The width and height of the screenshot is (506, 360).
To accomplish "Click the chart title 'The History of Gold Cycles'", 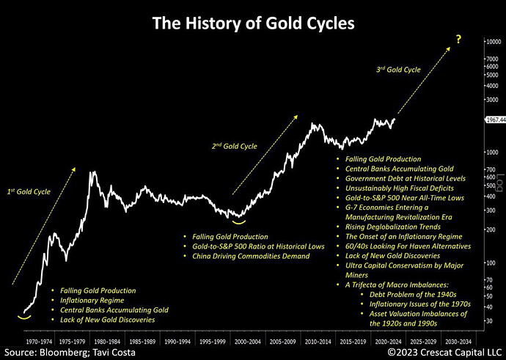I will point(253,23).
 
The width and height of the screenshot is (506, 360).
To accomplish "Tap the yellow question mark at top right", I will point(458,37).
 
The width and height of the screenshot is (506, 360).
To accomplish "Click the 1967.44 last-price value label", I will point(491,119).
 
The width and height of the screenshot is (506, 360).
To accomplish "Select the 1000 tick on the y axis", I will point(489,152).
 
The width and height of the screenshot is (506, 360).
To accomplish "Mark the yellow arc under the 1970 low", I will point(26,317).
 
